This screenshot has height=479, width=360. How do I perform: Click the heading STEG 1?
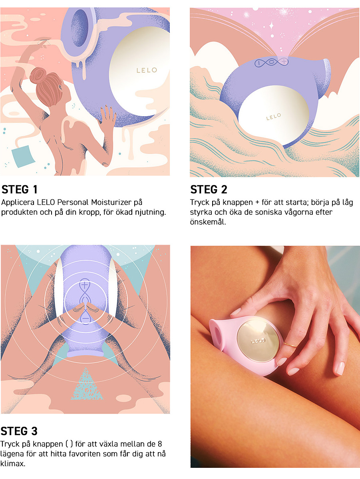pos(19,189)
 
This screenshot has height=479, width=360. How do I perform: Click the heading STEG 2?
pos(209,189)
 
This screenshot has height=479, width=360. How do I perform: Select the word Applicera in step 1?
pos(18,203)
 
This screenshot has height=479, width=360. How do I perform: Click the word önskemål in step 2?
pos(207,222)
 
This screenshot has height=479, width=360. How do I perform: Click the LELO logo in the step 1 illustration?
pos(147,70)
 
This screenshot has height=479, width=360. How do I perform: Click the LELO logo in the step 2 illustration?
pos(273,117)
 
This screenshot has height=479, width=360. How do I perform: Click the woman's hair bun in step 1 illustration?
pos(38,75)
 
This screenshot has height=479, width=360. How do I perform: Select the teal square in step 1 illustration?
pos(23,156)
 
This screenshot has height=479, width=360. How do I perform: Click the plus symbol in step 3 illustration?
pos(85,285)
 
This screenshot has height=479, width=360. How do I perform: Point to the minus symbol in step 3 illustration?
pos(85,319)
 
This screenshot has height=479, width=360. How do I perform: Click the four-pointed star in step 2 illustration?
pos(271,26)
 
